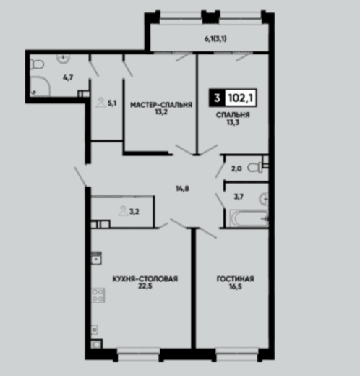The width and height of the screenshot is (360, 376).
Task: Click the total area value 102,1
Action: tap(241, 98)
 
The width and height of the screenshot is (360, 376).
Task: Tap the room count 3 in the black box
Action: tap(217, 98)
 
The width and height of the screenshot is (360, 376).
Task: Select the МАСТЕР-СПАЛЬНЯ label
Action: tap(161, 105)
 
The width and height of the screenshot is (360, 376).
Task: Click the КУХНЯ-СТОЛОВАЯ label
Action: tap(145, 279)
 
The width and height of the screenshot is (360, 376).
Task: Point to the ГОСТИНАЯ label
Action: tap(236, 279)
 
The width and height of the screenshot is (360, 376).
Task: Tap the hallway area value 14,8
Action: tap(182, 189)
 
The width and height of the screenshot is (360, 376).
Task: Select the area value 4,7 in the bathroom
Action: tap(68, 77)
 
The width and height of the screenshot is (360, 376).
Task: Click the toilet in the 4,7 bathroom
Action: tap(37, 64)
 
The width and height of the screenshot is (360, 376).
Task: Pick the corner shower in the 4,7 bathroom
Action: tap(40, 86)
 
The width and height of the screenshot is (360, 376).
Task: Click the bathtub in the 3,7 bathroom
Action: tap(249, 218)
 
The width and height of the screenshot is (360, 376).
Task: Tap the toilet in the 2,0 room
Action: tap(255, 168)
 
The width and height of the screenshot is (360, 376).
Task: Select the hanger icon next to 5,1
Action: tap(101, 103)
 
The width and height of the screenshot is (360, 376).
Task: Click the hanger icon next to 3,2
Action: tap(123, 210)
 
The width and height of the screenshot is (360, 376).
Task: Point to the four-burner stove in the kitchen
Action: tap(98, 295)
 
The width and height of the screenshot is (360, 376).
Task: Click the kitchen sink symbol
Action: tap(96, 258)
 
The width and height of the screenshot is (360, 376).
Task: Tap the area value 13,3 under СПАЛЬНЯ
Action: tap(233, 122)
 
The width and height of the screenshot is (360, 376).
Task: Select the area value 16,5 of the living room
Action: tap(236, 286)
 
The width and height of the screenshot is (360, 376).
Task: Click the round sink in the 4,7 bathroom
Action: tap(64, 58)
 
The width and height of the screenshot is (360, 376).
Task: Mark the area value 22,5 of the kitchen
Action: tap(145, 286)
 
